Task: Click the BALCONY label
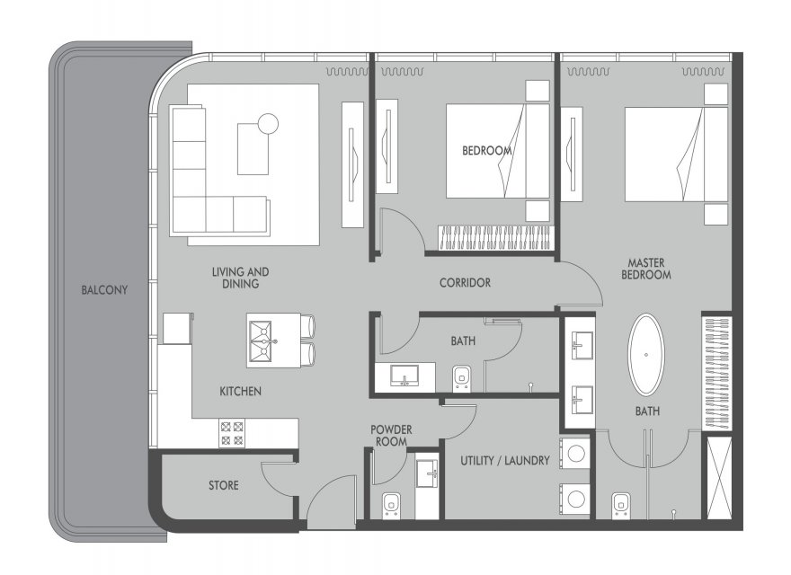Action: pos(104,290)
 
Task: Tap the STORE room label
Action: pos(224,485)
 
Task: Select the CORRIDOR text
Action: pos(465,282)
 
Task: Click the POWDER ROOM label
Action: pos(391,436)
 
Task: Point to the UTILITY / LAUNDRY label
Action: pos(504,461)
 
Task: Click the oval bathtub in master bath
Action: pos(645,355)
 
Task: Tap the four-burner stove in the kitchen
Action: pos(232,434)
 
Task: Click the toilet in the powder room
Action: pos(390,506)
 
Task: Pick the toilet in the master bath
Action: pos(620,506)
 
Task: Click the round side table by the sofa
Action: pos(267,123)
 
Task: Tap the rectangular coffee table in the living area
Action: pos(253,149)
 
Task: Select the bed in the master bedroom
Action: pos(676,154)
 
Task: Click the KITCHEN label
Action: pos(240,391)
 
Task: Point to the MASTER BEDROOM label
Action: pos(645,269)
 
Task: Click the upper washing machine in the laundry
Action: pos(574,453)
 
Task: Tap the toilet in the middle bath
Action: pos(461,378)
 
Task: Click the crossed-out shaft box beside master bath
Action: pos(719,478)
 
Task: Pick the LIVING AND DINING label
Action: pos(240,278)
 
